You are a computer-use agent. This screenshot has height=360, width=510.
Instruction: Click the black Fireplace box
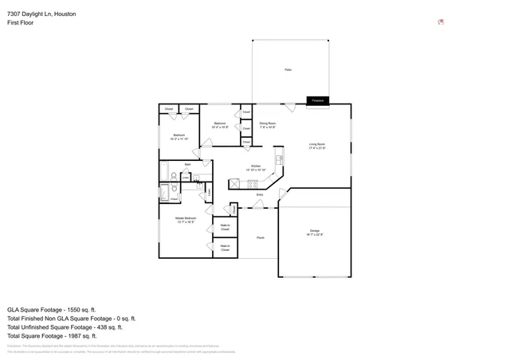(318, 100)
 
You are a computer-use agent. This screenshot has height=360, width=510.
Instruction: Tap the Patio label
(288, 70)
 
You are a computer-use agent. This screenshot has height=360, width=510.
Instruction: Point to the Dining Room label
(268, 125)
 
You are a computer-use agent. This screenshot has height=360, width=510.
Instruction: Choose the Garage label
(314, 233)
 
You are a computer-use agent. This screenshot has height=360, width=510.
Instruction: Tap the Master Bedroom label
(185, 220)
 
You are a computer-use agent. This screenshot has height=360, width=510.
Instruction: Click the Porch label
(261, 237)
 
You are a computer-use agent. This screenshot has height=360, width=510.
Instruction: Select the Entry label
(260, 194)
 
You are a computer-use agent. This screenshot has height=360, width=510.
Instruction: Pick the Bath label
(187, 164)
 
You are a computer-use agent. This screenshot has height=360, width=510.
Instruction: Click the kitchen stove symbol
(234, 183)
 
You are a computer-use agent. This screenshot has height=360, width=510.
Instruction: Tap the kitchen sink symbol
(280, 160)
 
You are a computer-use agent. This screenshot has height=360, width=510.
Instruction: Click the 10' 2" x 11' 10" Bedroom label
(179, 137)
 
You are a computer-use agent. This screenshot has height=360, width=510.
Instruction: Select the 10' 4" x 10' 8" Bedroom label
(219, 125)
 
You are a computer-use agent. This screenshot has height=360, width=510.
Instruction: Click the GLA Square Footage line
(52, 309)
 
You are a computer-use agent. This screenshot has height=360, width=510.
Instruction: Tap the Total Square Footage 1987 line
(52, 336)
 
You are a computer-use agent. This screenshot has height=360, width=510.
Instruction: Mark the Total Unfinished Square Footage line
(65, 327)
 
